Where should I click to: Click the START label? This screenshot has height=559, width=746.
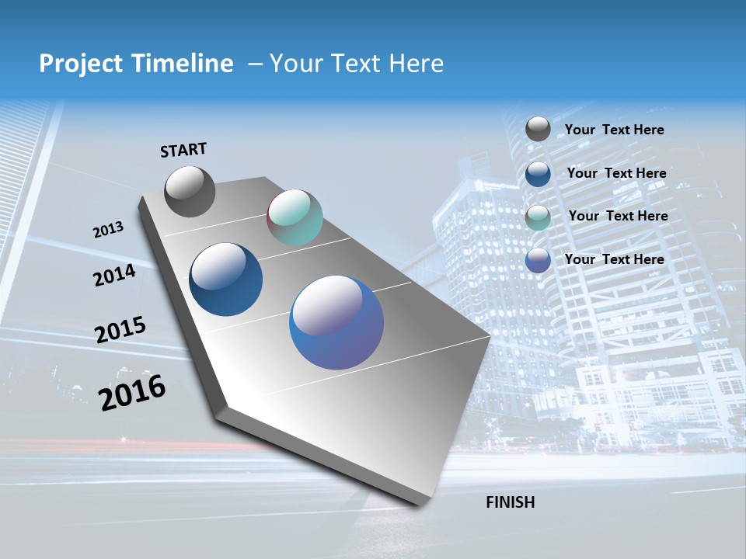pos(183,150)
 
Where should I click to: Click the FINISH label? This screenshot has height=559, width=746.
pos(510,502)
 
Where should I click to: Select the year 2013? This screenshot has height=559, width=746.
pos(109,230)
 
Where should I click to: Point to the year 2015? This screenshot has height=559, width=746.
pos(120,330)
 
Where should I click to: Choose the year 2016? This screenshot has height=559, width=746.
pos(132,392)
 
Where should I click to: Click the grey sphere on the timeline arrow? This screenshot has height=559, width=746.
pos(190,191)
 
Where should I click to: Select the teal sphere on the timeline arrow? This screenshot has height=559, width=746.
pos(295,217)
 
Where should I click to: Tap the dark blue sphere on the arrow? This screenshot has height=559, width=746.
pos(226,279)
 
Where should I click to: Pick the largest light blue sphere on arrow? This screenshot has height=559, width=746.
pos(336,322)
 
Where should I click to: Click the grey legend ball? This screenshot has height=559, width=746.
pos(538,129)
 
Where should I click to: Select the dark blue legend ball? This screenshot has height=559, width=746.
pos(538,173)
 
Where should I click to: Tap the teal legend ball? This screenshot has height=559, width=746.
pos(538,217)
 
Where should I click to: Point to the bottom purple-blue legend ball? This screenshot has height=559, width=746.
pos(538,260)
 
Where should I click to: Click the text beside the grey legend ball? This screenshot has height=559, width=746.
pos(614,130)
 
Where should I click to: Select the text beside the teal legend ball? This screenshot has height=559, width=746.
pos(618,216)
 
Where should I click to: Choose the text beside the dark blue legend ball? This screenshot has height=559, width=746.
pos(616,173)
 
